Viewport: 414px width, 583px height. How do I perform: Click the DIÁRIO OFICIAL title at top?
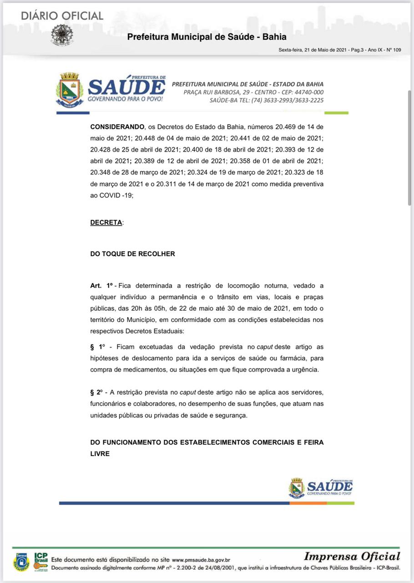point(62,15)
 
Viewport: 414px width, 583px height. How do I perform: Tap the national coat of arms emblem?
point(61,34)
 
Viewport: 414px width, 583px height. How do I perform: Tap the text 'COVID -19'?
point(116,195)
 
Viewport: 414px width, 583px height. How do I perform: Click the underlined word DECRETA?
point(106,223)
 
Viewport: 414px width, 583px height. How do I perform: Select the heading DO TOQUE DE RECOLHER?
point(132,254)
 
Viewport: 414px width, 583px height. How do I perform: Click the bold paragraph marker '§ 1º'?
point(98,347)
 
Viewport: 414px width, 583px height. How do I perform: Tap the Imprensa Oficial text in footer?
point(352,556)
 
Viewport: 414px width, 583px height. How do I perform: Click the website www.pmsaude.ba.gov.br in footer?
point(201,560)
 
